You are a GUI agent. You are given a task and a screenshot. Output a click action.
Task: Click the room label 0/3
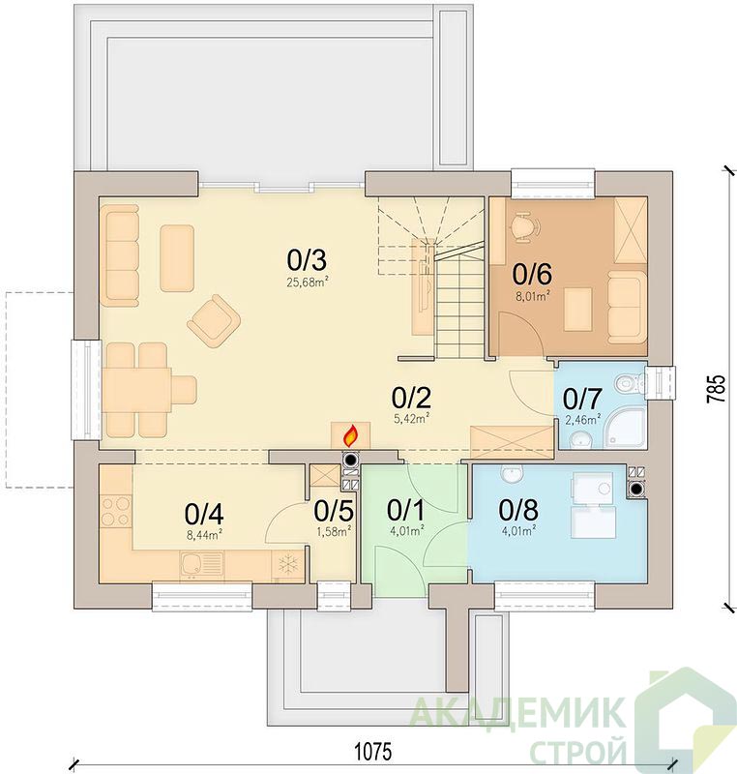(307, 260)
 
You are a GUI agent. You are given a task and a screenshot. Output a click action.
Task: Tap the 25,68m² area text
(308, 283)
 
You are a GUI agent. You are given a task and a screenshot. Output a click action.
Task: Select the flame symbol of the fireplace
(350, 436)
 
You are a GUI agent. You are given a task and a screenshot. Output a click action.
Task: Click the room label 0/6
(532, 274)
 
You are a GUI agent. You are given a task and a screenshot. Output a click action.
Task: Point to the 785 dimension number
(717, 389)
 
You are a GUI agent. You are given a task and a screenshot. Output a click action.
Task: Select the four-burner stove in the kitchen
(116, 512)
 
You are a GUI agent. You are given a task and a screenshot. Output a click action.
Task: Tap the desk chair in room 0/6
(523, 227)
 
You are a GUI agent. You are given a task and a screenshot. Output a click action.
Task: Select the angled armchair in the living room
(214, 321)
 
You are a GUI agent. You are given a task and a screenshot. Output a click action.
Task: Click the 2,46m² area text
(582, 420)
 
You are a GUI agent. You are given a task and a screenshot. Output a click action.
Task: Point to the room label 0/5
(334, 511)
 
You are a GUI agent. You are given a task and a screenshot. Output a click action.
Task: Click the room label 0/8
(518, 510)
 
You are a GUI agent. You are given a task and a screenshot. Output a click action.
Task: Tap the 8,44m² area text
(204, 535)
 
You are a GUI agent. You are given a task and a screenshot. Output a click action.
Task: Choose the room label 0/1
(405, 510)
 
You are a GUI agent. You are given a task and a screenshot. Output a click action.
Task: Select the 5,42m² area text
(411, 419)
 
